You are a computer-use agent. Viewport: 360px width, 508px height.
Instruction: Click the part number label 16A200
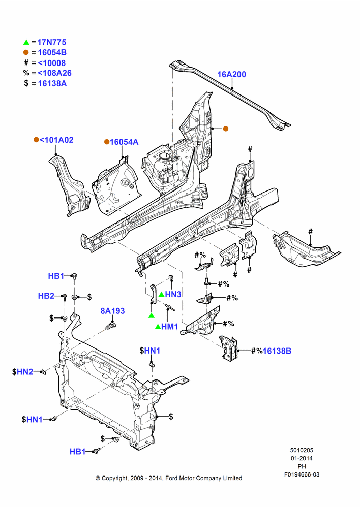[231, 74]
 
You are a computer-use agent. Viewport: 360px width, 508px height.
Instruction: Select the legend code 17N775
[51, 42]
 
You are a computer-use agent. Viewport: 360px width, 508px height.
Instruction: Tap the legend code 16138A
[52, 83]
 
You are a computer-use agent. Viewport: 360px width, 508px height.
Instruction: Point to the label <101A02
[56, 140]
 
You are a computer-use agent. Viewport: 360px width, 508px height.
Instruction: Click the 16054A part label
[124, 142]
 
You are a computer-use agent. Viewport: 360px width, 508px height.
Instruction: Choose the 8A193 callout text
[112, 311]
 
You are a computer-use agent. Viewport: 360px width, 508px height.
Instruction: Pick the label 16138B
[277, 351]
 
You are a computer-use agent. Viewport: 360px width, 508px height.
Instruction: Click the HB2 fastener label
[46, 296]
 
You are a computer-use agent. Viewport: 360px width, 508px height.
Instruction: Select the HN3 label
[173, 294]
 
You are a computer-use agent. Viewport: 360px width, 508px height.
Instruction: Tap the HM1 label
[170, 327]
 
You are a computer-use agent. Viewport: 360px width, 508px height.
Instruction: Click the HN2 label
[25, 372]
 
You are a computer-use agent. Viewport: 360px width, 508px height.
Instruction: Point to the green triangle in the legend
[26, 42]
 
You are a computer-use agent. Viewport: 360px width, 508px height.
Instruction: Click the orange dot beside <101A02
[36, 140]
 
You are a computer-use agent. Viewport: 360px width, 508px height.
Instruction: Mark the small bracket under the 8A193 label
[111, 325]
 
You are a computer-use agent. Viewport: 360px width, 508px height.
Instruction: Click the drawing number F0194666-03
[302, 474]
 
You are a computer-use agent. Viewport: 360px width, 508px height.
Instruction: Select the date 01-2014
[302, 458]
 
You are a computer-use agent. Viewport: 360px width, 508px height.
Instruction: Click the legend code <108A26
[55, 73]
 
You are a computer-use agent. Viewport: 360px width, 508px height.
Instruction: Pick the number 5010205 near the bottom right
[302, 450]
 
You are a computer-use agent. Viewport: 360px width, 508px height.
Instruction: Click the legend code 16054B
[52, 52]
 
